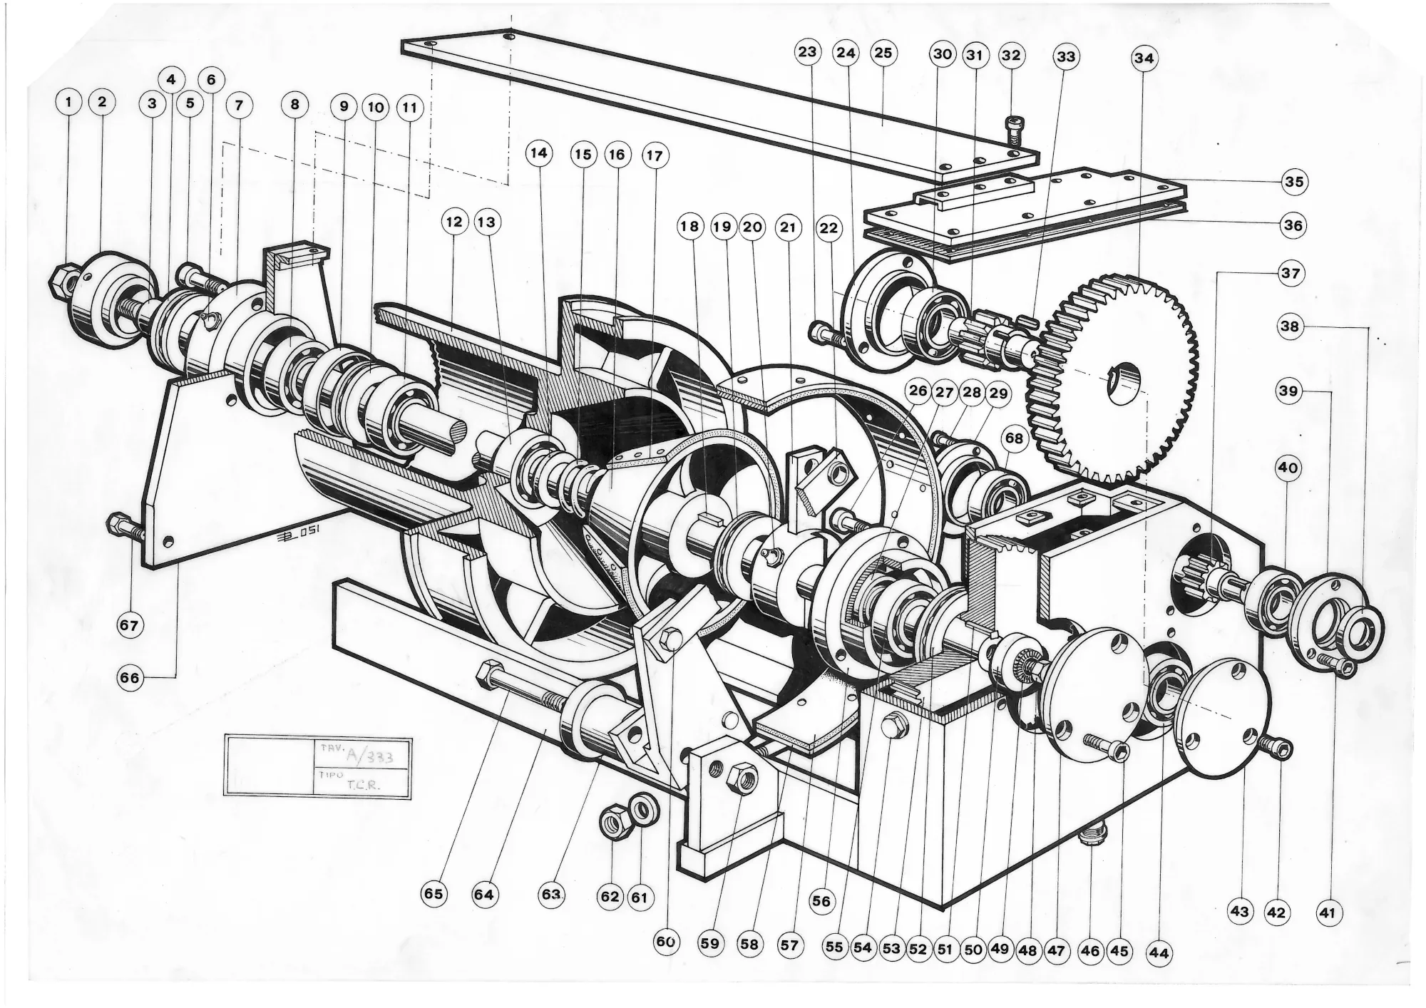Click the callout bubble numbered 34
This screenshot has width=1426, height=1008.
(x=1144, y=58)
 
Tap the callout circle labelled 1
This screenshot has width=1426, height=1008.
(x=68, y=103)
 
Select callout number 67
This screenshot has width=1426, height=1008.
(x=129, y=625)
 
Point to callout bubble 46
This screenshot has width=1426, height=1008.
(x=1090, y=951)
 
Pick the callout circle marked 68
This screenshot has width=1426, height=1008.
(x=1014, y=438)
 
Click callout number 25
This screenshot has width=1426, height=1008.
(x=883, y=53)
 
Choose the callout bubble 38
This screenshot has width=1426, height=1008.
(x=1290, y=327)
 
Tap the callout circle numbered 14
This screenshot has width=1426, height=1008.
(x=539, y=153)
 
